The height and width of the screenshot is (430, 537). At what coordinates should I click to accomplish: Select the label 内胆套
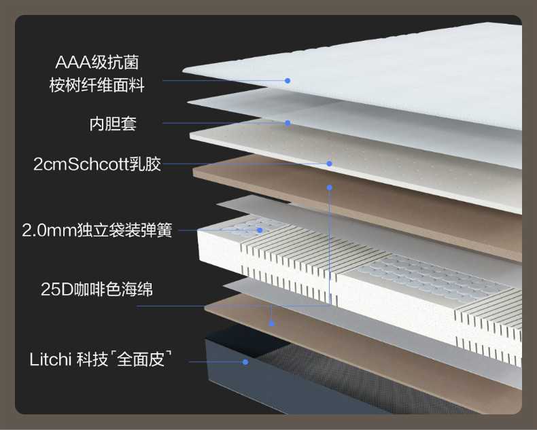pos(113,124)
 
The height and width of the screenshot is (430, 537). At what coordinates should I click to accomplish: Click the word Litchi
pos(50,359)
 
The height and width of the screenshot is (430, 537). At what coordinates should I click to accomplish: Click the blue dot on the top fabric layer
pos(288,81)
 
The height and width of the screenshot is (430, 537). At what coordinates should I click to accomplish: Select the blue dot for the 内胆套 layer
pos(288,123)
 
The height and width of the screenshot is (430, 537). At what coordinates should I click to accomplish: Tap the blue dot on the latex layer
pos(329,164)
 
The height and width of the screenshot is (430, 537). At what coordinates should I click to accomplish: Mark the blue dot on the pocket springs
pos(260,230)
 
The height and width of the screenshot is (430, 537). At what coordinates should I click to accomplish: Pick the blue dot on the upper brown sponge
pos(329,187)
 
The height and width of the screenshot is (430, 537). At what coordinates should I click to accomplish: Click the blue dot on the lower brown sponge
pos(271,323)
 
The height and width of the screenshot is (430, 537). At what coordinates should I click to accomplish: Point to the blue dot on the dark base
pos(245,362)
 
